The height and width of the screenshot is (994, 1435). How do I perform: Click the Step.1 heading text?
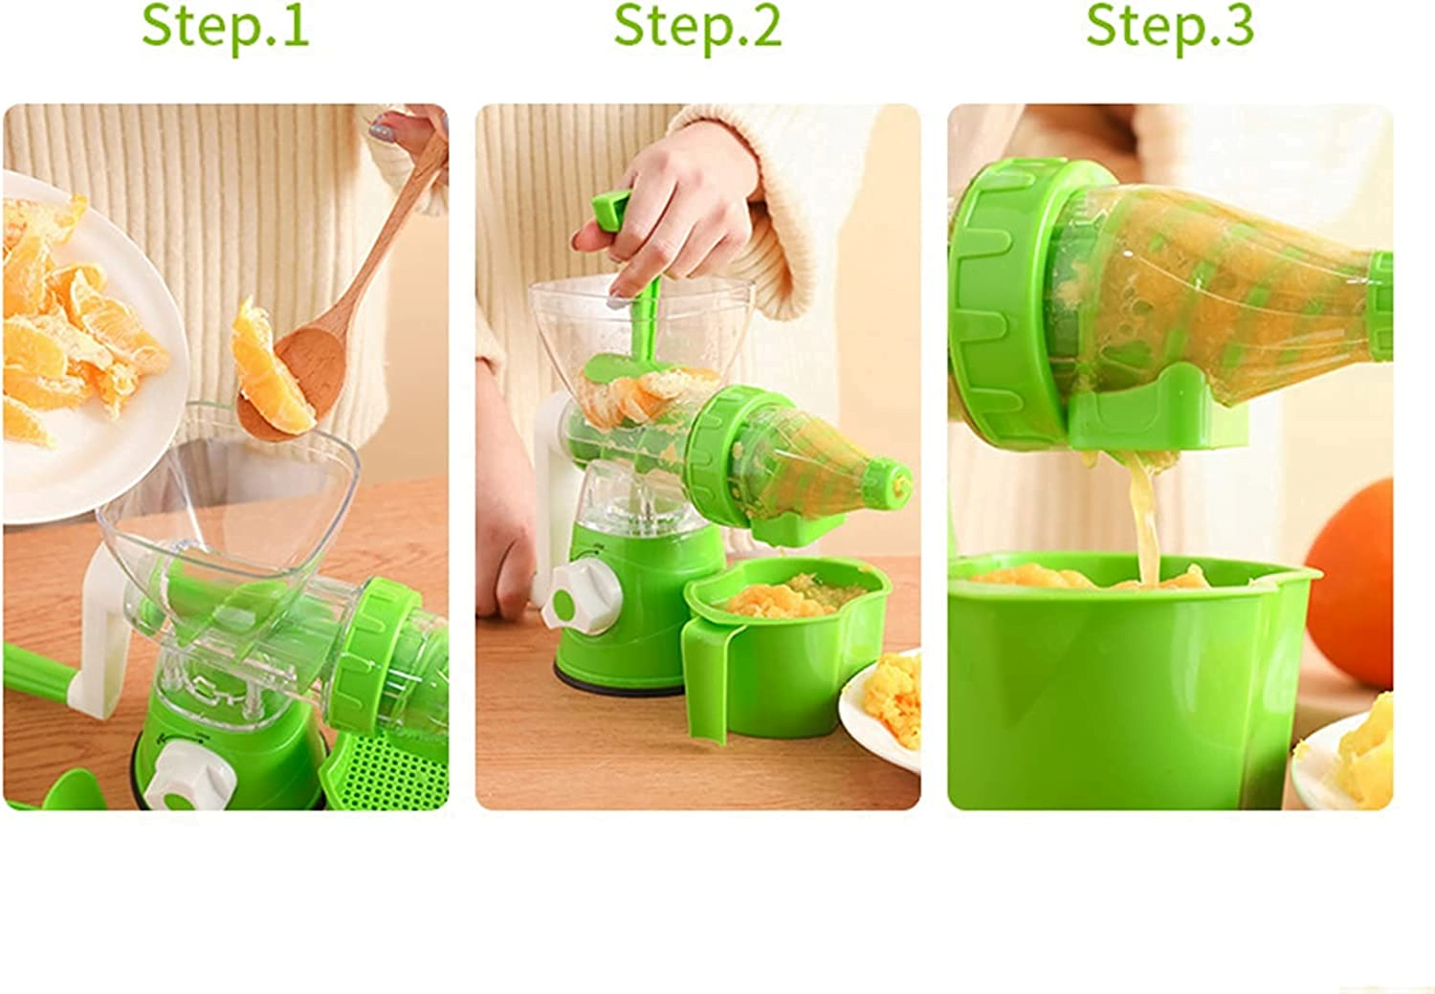click(x=225, y=26)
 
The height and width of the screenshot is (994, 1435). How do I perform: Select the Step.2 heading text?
click(x=697, y=26)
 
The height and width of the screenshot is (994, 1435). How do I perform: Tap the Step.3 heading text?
click(x=1169, y=26)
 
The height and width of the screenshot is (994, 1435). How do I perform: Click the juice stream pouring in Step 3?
click(x=1143, y=517)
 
